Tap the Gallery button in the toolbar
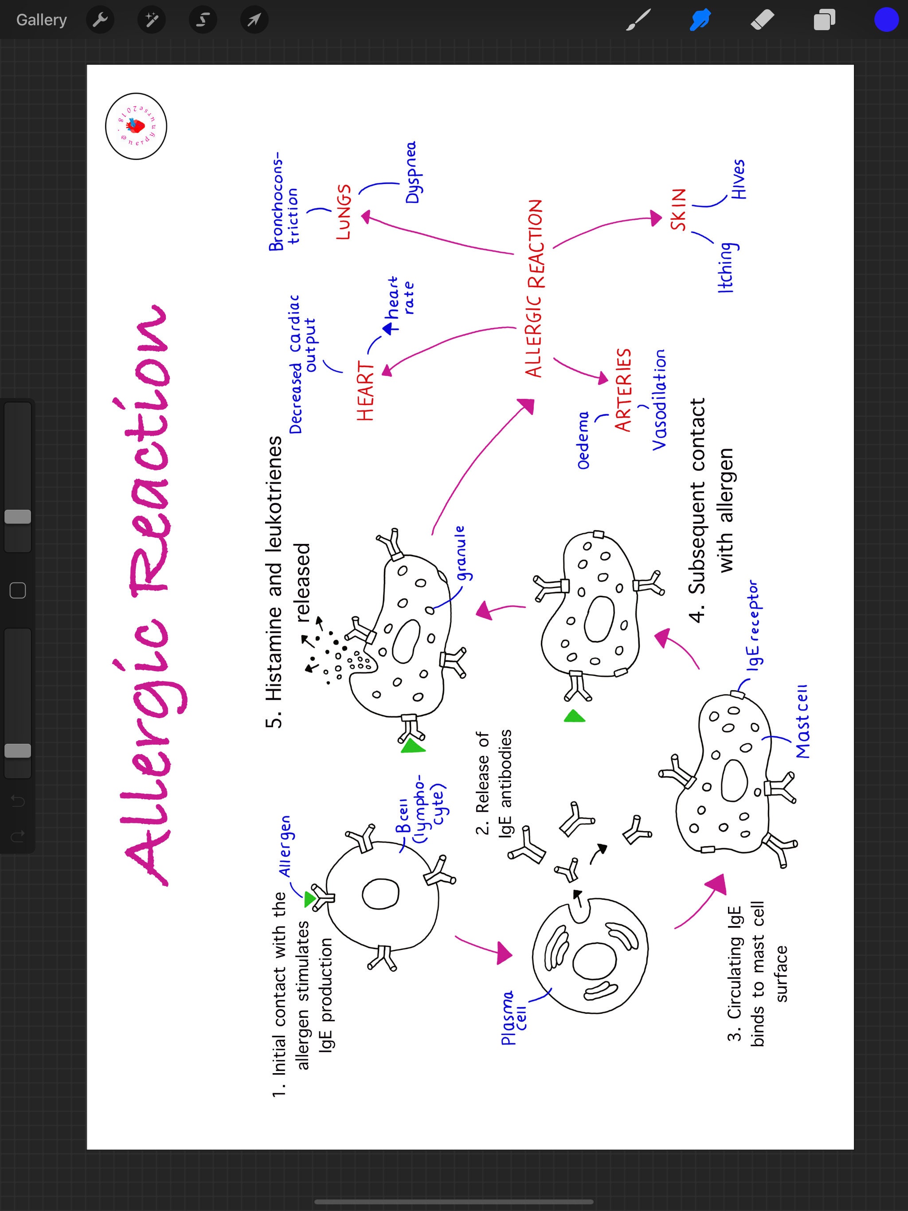coord(42,20)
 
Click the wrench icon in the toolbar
coord(100,20)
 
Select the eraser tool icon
coord(762,20)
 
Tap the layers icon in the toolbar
coord(824,20)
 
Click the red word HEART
coord(365,391)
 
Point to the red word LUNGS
coord(343,212)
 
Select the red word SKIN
coord(678,209)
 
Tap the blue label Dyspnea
coord(412,172)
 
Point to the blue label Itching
coord(726,267)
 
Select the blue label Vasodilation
coord(659,400)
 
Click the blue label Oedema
coord(584,440)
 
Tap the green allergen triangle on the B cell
coord(309,898)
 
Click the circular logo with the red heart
coord(136,126)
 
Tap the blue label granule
coord(461,553)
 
